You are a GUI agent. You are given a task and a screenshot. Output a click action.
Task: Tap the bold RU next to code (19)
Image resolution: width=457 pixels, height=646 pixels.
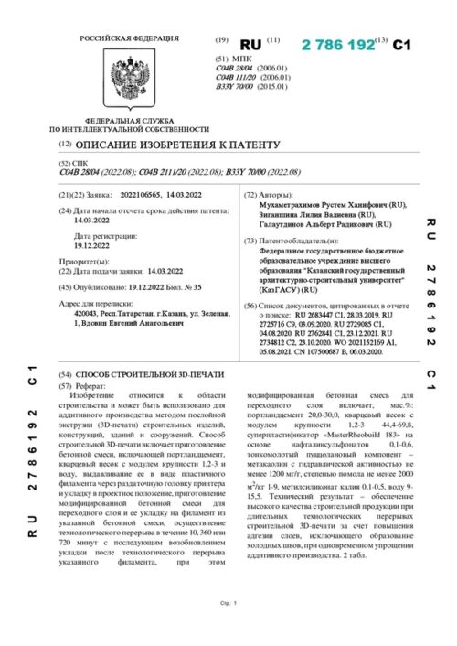coord(250,44)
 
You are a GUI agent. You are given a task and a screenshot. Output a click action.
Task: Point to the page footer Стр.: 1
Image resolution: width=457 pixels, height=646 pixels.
coord(228,629)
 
